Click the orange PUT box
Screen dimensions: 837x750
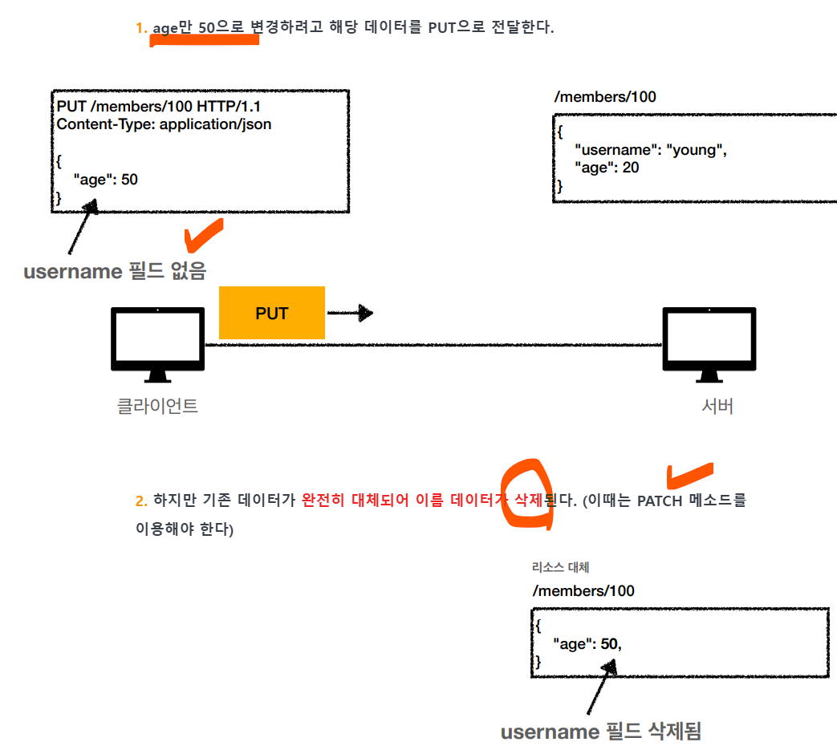pyautogui.click(x=271, y=313)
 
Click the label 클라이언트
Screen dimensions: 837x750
pyautogui.click(x=157, y=406)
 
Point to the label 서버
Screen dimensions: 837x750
pyautogui.click(x=717, y=406)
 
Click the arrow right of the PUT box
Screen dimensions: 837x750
pyautogui.click(x=351, y=313)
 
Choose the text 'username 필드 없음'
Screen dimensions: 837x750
pyautogui.click(x=115, y=271)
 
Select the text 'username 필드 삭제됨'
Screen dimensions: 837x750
pyautogui.click(x=600, y=732)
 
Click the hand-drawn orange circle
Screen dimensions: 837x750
pyautogui.click(x=526, y=494)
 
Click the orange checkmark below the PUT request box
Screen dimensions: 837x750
pyautogui.click(x=202, y=235)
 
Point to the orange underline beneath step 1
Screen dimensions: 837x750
pyautogui.click(x=205, y=40)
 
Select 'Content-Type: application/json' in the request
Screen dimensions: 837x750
pyautogui.click(x=164, y=124)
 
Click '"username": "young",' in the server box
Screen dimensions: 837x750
pyautogui.click(x=651, y=150)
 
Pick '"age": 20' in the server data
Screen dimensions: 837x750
pyautogui.click(x=607, y=168)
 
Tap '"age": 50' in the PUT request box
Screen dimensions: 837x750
pyautogui.click(x=105, y=180)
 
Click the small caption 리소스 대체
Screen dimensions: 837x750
pyautogui.click(x=560, y=568)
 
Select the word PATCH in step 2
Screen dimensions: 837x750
pyautogui.click(x=660, y=501)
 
